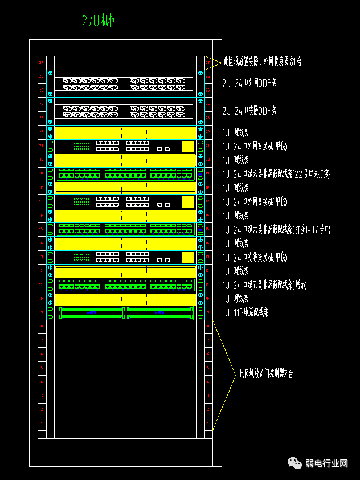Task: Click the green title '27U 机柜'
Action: tap(99, 22)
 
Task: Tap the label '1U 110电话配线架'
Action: tap(246, 312)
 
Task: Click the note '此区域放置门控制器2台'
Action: tap(266, 375)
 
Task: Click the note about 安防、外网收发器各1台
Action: tap(262, 61)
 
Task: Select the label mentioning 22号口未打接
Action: tap(276, 174)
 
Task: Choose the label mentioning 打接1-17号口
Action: tap(276, 230)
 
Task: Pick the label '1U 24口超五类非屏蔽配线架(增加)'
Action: tap(265, 284)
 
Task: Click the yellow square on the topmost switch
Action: tap(188, 147)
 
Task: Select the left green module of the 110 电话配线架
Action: tap(91, 312)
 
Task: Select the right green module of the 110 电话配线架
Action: tap(159, 312)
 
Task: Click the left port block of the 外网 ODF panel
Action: tap(91, 84)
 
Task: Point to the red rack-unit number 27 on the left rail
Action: tap(41, 62)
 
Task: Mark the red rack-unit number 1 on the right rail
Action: tap(208, 423)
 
